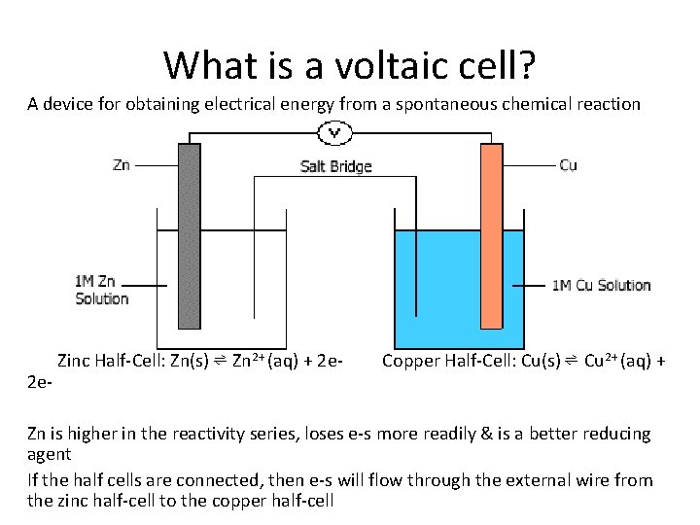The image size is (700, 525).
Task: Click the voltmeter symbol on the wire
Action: tap(335, 132)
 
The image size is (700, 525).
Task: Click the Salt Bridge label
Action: tap(335, 166)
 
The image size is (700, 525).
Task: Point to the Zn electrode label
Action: tap(122, 165)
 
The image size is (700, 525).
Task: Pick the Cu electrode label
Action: tap(568, 165)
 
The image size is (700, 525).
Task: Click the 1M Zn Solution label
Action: tap(101, 291)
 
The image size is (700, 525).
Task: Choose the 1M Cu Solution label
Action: tap(601, 285)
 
